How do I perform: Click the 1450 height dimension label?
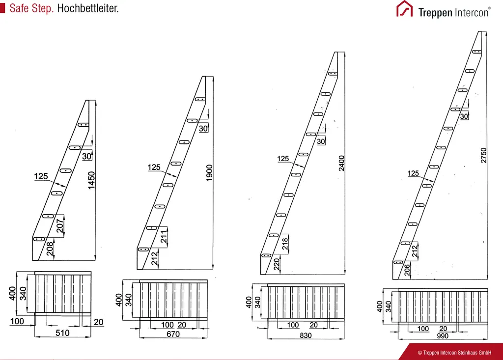point(91,180)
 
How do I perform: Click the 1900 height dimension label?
point(210,173)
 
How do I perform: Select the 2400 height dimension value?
point(342,163)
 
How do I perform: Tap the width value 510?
point(62,332)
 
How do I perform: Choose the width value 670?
point(173,334)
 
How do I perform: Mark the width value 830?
point(306,335)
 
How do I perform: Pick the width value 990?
point(443,336)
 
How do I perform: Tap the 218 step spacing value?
point(285,244)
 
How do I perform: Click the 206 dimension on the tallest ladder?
point(407,270)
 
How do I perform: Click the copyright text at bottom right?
point(454,353)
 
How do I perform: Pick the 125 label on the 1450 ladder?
point(41,176)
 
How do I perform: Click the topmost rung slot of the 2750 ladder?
point(476,52)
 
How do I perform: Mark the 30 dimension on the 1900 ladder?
point(203,128)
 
